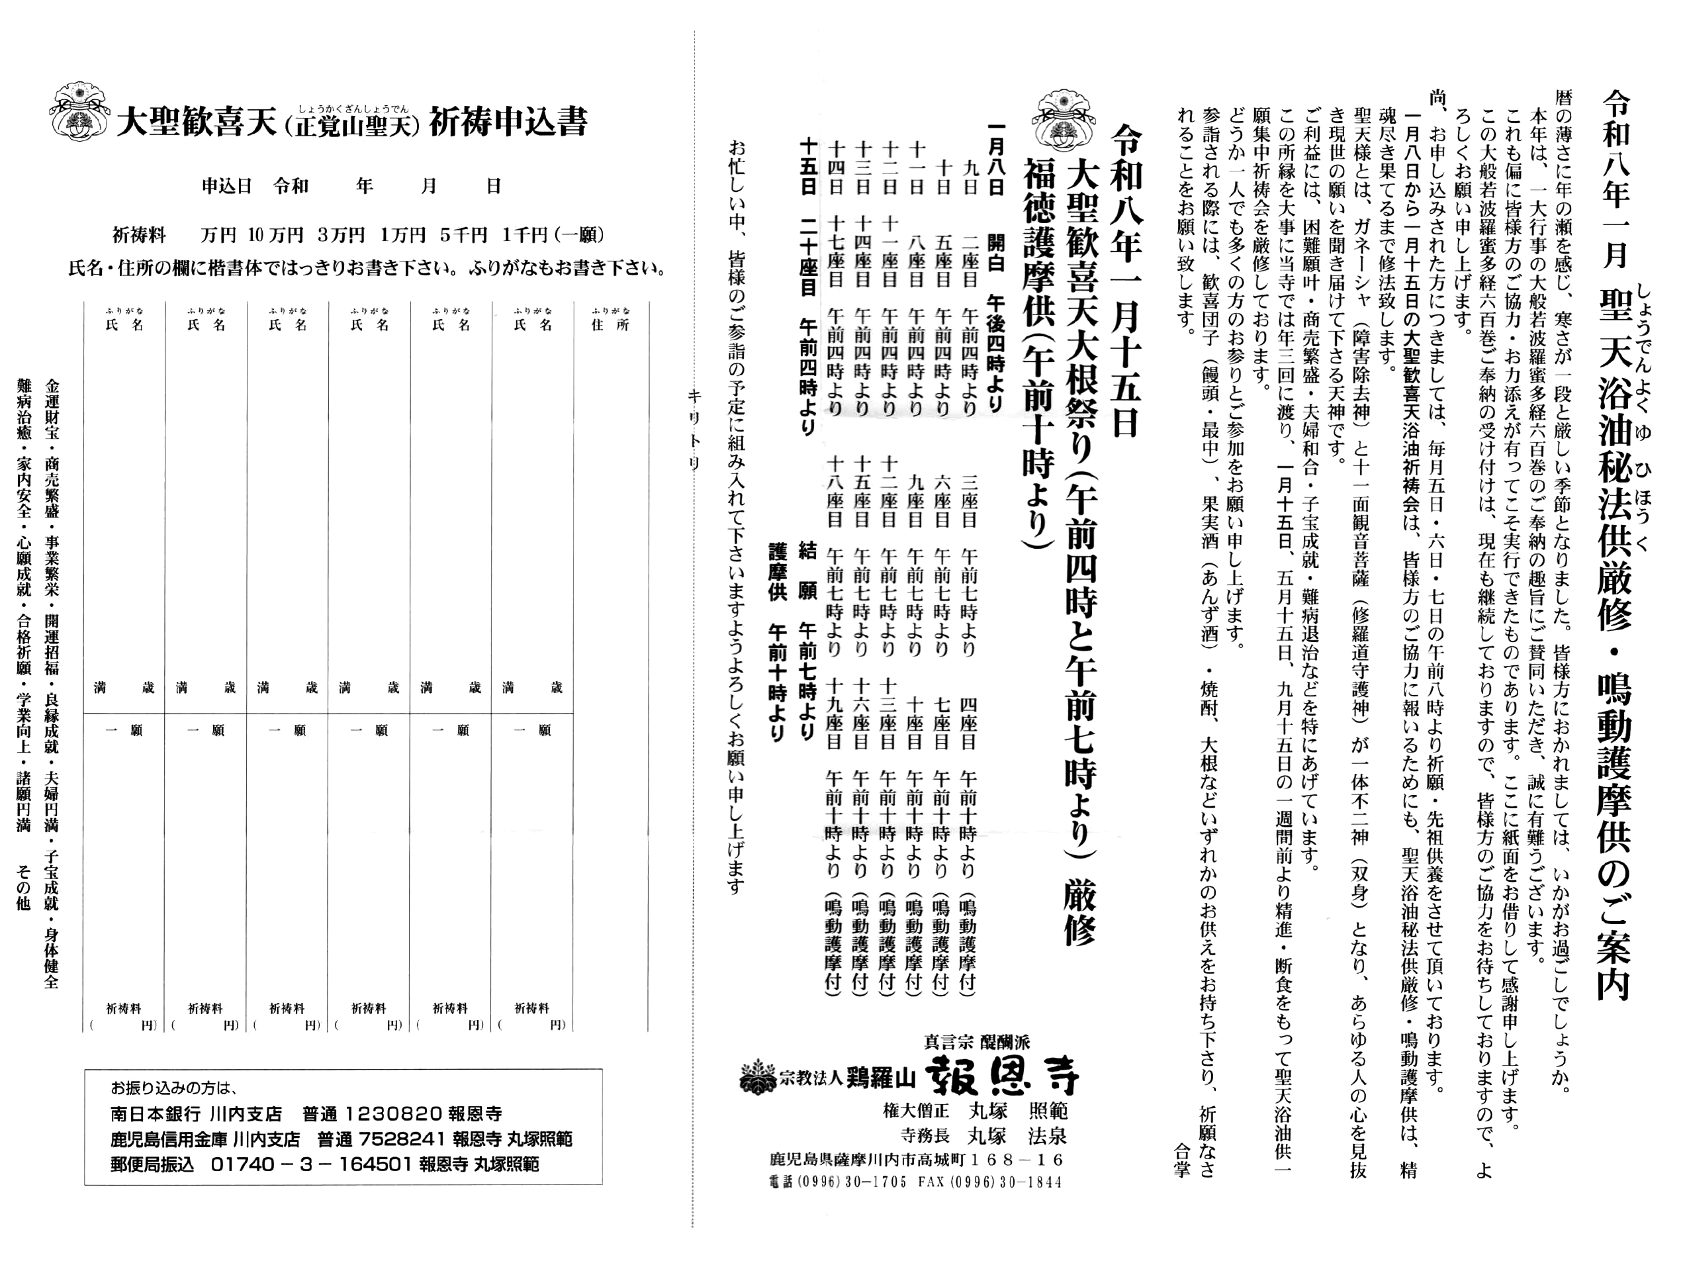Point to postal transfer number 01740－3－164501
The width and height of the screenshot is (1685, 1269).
[312, 1164]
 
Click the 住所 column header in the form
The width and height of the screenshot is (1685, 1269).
[610, 325]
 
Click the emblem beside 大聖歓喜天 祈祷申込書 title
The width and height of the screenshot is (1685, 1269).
[79, 112]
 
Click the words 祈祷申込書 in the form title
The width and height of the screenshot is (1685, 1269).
[508, 122]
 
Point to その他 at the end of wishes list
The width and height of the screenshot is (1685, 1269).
[23, 891]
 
